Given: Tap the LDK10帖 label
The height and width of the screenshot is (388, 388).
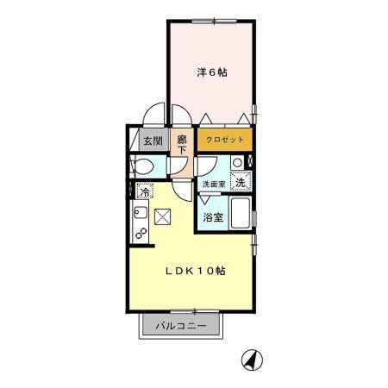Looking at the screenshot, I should click(197, 271).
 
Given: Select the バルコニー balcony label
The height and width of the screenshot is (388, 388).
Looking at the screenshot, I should click(180, 327).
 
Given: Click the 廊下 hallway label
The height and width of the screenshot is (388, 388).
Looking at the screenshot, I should click(182, 142).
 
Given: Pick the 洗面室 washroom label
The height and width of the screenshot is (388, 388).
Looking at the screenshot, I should click(213, 185).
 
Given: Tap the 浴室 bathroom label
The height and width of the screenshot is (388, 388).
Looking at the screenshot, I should click(213, 217).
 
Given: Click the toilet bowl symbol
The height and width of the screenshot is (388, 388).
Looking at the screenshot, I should click(144, 166).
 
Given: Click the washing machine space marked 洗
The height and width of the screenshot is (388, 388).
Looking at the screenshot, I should click(242, 181).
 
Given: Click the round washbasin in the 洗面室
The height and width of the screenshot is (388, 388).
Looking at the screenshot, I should click(237, 161).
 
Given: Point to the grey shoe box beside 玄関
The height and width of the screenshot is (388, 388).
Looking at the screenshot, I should click(135, 138).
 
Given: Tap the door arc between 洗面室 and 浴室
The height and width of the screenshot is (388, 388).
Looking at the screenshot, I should click(208, 201).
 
